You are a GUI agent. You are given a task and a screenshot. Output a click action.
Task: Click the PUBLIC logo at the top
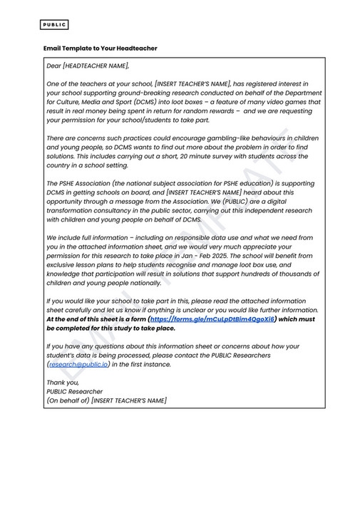pos(54,25)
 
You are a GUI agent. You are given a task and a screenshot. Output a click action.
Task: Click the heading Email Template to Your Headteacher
pos(100,48)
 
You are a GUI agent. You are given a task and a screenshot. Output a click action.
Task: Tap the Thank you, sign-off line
pos(62,383)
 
